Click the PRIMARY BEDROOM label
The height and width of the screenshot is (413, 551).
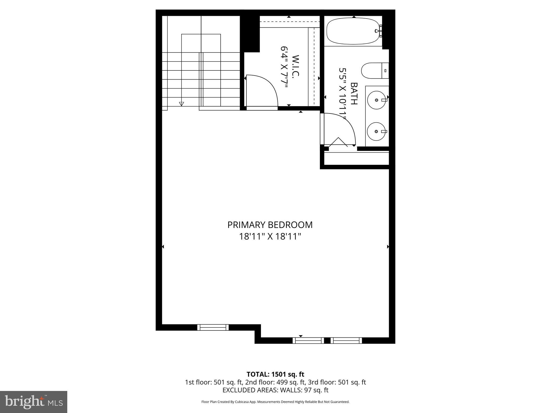click(x=270, y=225)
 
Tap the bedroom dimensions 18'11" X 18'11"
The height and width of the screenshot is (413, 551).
click(x=270, y=237)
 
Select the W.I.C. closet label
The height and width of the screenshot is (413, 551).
click(x=296, y=66)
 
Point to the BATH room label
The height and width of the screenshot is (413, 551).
click(x=354, y=94)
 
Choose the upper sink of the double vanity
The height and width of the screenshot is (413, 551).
click(x=377, y=100)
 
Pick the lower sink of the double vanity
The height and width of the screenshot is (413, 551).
click(x=377, y=131)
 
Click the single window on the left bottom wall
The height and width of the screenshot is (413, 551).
click(x=213, y=327)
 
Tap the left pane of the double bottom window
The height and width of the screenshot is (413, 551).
click(x=308, y=341)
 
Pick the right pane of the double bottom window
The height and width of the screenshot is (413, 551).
click(x=346, y=341)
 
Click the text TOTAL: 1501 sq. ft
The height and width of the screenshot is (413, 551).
click(x=275, y=374)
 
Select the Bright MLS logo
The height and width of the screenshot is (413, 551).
click(x=34, y=402)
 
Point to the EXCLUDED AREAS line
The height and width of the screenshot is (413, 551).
click(x=275, y=390)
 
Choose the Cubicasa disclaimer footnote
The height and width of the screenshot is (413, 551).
click(x=275, y=402)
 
